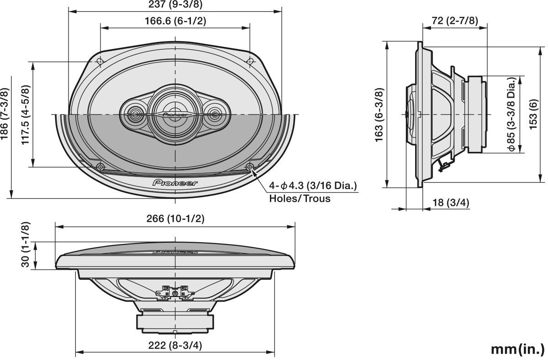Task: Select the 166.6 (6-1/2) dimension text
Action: point(175,21)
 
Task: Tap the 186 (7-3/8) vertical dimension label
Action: point(5,115)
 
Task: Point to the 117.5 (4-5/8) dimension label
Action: point(26,115)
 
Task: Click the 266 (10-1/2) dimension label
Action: point(175,219)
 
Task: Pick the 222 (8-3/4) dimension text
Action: point(175,345)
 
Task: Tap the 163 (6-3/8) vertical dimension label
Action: point(379,115)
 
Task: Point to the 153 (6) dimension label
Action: point(533,115)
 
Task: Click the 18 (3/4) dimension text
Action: point(451,203)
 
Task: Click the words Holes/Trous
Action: point(300,198)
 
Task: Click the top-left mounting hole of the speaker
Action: point(100,61)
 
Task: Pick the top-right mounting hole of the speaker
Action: point(250,61)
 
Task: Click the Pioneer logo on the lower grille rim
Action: point(175,183)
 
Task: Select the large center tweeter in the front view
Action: point(175,114)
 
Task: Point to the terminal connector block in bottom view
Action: point(175,292)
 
